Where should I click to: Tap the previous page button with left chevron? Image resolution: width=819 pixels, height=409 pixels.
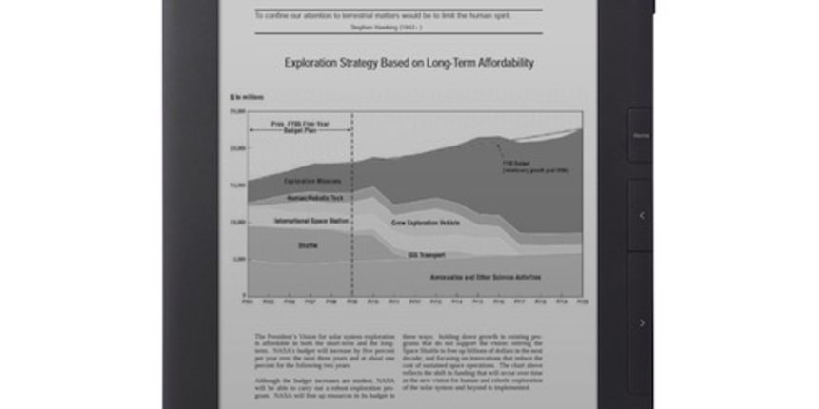coord(641,216)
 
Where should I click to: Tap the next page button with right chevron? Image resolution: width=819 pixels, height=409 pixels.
coord(641,323)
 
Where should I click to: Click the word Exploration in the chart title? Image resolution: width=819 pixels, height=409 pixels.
coord(315,64)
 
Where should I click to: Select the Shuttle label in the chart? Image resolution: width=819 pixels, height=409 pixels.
coord(308,245)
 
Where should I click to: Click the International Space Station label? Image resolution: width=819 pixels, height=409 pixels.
coord(311,221)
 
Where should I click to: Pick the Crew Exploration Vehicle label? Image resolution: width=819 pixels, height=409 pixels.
coord(427,222)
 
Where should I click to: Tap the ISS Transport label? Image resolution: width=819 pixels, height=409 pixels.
coord(427,255)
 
